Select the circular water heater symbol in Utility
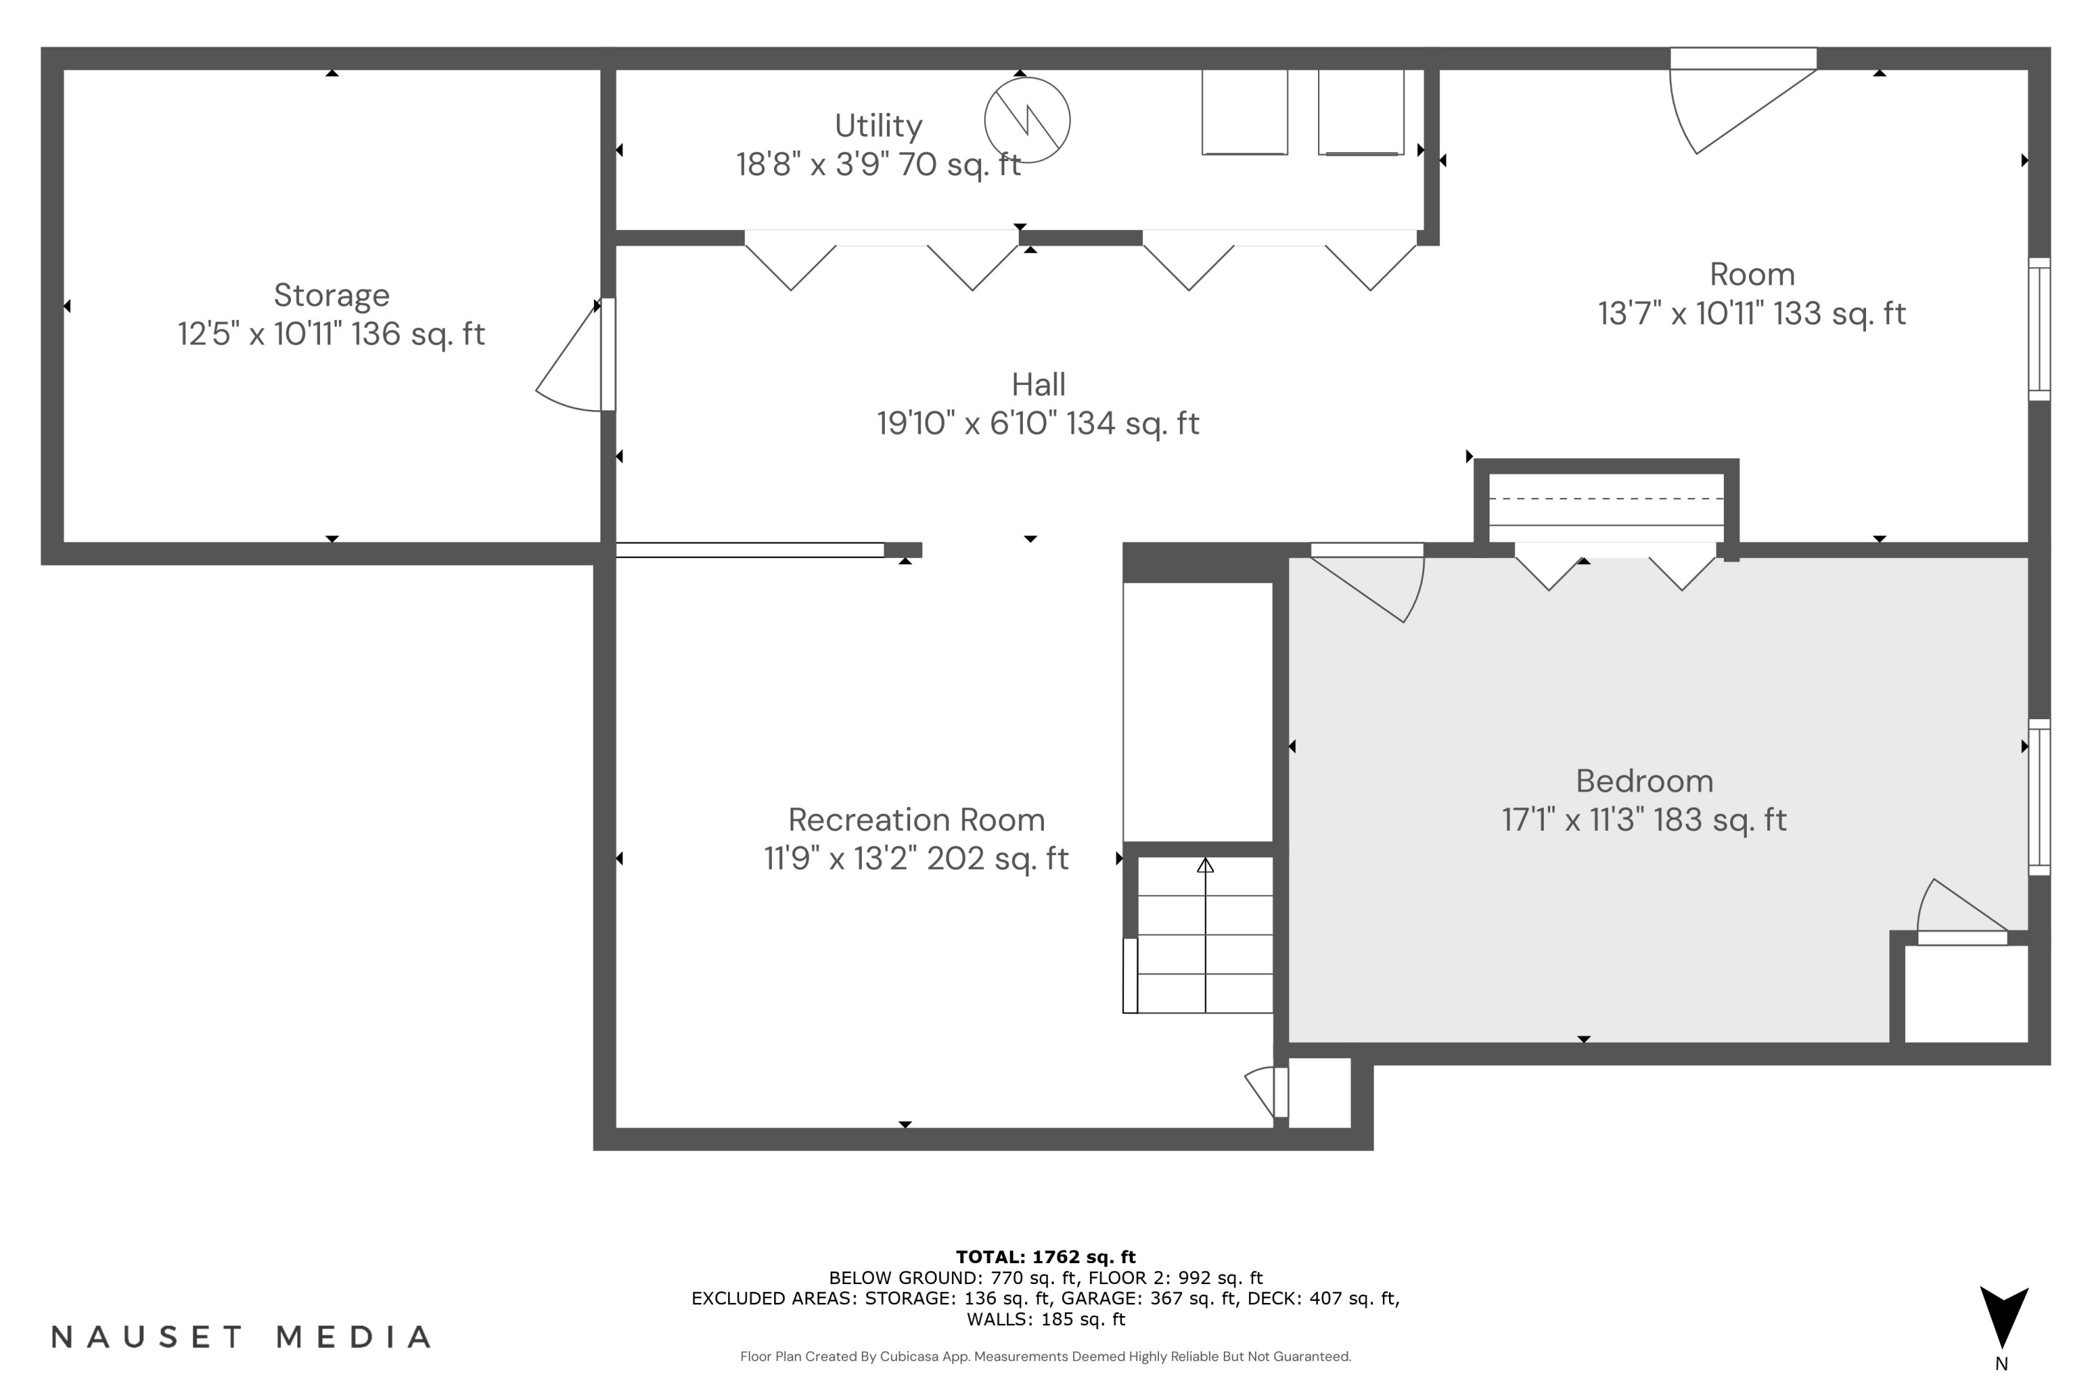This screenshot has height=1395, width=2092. tap(1026, 120)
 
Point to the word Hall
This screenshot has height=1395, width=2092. tap(1038, 384)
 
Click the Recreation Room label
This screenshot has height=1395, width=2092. tap(916, 820)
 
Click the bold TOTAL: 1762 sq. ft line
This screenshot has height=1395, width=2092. tap(1045, 1257)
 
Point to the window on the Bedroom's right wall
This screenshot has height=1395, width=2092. tap(2038, 797)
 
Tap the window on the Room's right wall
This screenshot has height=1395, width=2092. tap(2038, 329)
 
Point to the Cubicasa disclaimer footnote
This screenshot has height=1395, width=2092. tap(1045, 1357)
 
